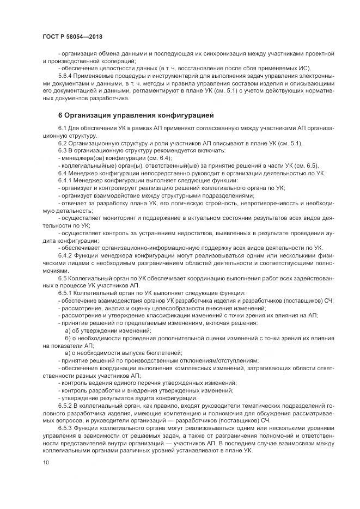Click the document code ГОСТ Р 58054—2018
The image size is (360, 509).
click(72, 37)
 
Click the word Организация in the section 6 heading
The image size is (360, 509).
click(90, 115)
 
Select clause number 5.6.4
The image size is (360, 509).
click(68, 77)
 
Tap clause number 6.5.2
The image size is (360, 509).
click(68, 406)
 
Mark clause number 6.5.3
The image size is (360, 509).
click(68, 429)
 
